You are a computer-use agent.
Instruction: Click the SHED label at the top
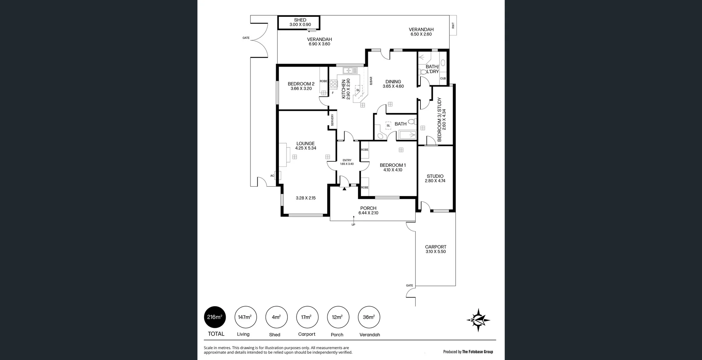300,20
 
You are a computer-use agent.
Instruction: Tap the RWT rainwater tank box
453,26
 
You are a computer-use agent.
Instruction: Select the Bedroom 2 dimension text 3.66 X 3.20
301,89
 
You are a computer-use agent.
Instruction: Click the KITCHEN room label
344,89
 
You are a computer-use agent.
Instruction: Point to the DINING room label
393,82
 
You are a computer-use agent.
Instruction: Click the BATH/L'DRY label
432,69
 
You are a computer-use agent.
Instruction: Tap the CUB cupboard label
443,79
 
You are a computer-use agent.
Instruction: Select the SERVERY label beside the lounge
332,120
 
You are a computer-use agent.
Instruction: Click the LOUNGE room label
305,143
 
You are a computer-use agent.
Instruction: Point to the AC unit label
272,176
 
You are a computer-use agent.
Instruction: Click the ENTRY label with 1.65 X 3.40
347,162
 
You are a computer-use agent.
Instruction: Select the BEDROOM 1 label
392,165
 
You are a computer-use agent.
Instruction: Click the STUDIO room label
435,176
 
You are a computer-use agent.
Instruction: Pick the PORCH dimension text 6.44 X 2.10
368,213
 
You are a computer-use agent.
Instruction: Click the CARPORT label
435,247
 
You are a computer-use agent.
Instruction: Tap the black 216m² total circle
215,317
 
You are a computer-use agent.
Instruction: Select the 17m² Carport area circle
307,317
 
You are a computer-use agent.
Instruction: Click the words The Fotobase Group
478,352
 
